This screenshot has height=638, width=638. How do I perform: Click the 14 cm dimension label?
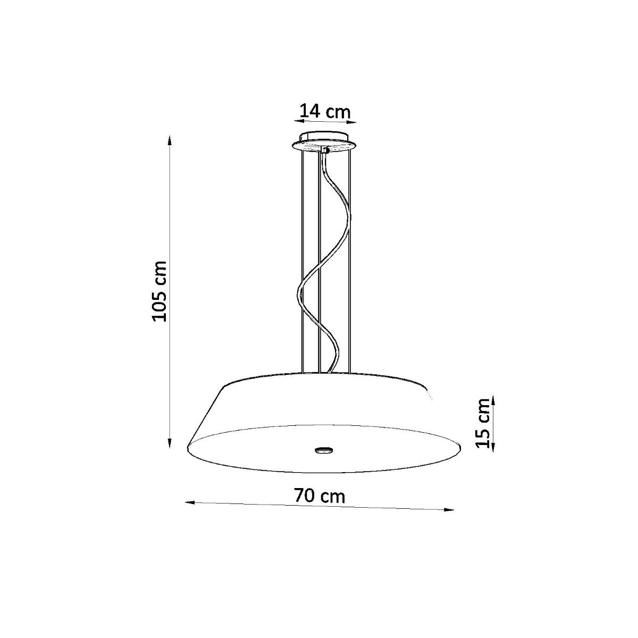(325, 112)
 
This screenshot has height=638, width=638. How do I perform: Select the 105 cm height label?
(159, 291)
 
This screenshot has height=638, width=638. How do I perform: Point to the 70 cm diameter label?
(320, 496)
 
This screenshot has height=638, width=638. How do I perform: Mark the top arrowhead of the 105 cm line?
(170, 140)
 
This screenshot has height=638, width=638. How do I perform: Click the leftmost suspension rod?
(302, 261)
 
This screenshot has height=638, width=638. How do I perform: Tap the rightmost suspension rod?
(349, 261)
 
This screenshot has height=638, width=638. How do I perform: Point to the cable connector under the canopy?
(324, 151)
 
